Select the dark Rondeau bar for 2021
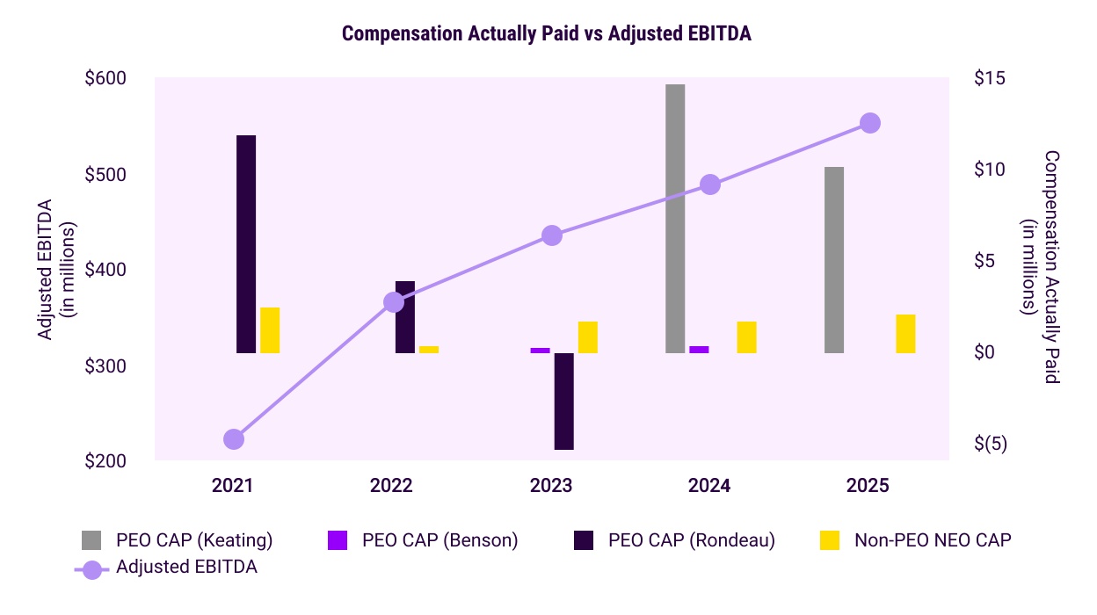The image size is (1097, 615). (x=246, y=244)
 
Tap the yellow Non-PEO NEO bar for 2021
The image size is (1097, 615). (x=270, y=330)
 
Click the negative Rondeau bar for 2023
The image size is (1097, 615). (x=563, y=401)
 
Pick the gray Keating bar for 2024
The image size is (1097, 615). (x=675, y=219)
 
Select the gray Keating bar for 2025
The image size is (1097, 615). (x=834, y=260)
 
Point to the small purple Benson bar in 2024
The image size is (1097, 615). (x=699, y=350)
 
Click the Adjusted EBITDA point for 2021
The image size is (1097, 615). (x=233, y=439)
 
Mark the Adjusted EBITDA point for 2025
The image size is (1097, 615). (x=870, y=123)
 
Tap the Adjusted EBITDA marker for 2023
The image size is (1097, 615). (x=552, y=235)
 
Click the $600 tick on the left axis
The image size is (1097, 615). (x=105, y=78)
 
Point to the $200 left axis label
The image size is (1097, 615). (x=105, y=461)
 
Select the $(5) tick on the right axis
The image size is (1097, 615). (x=991, y=444)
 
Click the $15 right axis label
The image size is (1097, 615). (x=990, y=78)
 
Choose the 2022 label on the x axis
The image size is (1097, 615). (x=392, y=486)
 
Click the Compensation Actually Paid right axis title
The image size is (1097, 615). (x=1041, y=266)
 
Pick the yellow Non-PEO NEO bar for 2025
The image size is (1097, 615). (x=906, y=334)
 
